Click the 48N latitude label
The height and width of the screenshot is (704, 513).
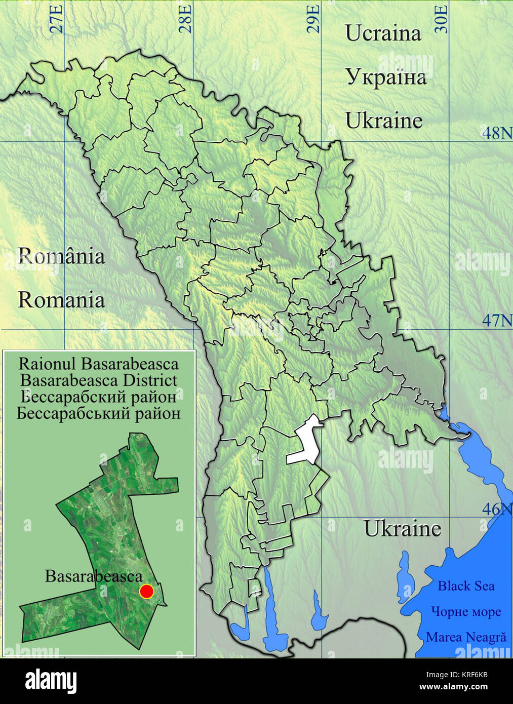click(496, 133)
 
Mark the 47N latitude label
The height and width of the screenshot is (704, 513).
click(496, 321)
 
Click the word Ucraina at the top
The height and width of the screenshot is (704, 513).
click(383, 33)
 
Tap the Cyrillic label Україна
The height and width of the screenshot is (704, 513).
click(386, 77)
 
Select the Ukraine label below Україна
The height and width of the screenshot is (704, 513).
click(383, 121)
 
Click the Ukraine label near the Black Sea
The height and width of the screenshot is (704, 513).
click(403, 529)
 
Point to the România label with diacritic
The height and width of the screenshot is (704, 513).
click(61, 256)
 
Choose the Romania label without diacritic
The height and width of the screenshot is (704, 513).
click(61, 300)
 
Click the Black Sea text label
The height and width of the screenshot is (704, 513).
click(466, 586)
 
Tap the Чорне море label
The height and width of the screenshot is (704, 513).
click(466, 611)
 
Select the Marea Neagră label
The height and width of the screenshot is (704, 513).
click(466, 637)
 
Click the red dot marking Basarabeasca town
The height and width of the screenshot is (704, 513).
click(146, 591)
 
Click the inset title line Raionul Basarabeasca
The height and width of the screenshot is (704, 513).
click(99, 364)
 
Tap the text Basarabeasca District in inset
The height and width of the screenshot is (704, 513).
click(99, 380)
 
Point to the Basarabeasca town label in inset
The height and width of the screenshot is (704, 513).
click(94, 576)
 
